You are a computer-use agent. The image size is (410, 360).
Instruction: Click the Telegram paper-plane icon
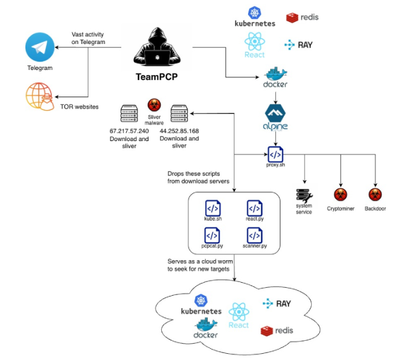(39, 48)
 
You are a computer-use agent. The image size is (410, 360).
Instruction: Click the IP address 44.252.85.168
(179, 131)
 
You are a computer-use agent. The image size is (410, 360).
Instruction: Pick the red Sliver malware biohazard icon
(153, 104)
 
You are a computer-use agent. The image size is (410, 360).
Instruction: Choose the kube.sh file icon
(213, 207)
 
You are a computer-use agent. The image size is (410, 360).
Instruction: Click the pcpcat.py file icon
(213, 234)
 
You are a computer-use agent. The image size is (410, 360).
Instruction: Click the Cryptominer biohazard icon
(340, 195)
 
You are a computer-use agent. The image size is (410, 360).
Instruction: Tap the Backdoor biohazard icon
(374, 195)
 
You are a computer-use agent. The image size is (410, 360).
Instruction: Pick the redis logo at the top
(302, 17)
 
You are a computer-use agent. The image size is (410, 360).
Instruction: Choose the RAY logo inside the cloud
(276, 304)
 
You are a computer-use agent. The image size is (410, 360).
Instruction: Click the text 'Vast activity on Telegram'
(88, 38)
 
